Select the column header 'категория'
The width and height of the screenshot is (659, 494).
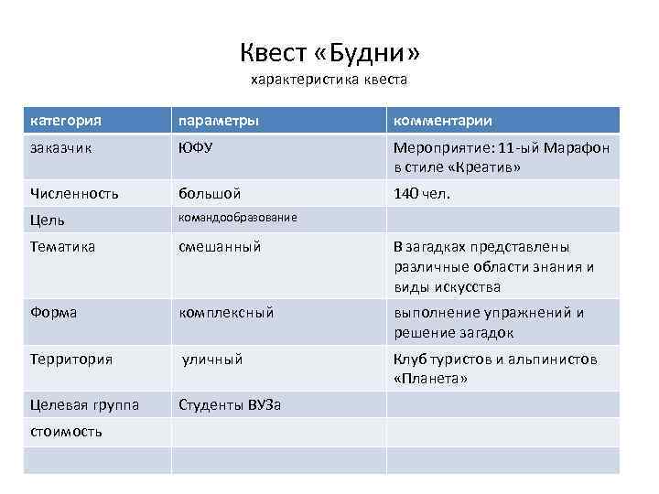pyautogui.click(x=65, y=121)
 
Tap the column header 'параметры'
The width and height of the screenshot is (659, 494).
pyautogui.click(x=218, y=121)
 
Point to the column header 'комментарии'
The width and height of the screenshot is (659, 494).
pyautogui.click(x=443, y=121)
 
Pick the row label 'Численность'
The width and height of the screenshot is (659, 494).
pyautogui.click(x=74, y=194)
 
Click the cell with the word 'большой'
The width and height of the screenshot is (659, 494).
pyautogui.click(x=210, y=194)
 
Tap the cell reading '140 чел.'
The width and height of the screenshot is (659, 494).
pyautogui.click(x=423, y=194)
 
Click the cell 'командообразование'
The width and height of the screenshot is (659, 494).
pyautogui.click(x=237, y=218)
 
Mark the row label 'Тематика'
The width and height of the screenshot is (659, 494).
pyautogui.click(x=62, y=246)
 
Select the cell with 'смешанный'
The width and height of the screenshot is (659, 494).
pyautogui.click(x=220, y=246)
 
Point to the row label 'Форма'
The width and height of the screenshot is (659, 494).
pyautogui.click(x=54, y=312)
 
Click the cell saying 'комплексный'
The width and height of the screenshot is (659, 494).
pyautogui.click(x=226, y=312)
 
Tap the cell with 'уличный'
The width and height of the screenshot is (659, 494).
pyautogui.click(x=212, y=359)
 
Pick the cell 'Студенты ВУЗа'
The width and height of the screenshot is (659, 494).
pyautogui.click(x=230, y=404)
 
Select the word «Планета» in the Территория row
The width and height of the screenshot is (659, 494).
pyautogui.click(x=430, y=378)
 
